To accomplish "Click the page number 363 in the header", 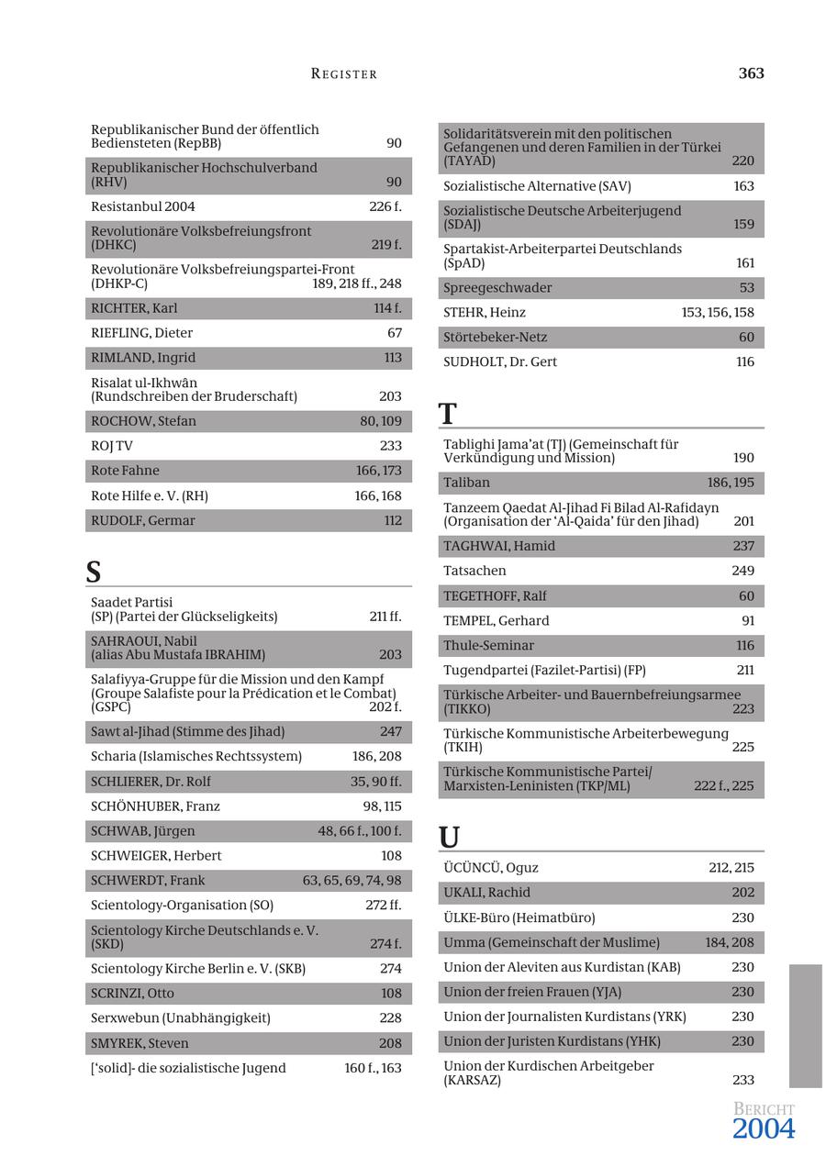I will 751,73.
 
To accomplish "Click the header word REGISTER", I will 344,74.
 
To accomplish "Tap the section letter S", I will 94,572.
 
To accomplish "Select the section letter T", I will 448,414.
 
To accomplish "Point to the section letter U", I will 449,838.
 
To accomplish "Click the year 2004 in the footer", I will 763,1129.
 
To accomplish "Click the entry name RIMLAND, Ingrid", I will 143,358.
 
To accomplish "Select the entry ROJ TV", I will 112,446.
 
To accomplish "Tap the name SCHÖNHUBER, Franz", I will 155,806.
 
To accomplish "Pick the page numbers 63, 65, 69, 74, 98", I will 352,881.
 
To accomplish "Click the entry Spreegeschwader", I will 497,288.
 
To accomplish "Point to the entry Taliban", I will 466,483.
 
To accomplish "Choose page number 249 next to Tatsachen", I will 742,571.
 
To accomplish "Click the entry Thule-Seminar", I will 488,646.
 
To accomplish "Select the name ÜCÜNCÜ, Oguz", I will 491,868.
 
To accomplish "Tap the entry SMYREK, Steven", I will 140,1043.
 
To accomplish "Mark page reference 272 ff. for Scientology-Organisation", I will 383,906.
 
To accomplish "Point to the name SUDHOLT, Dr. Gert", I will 500,362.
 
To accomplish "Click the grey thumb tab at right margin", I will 805,1025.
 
